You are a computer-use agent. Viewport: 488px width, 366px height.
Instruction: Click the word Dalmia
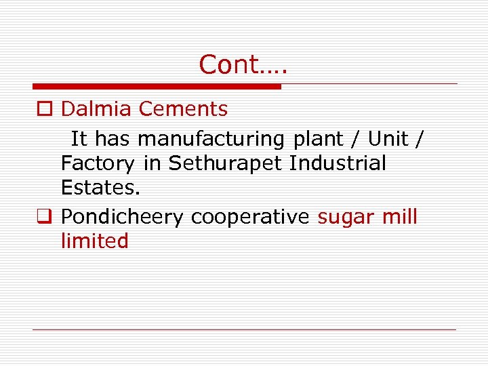coord(97,108)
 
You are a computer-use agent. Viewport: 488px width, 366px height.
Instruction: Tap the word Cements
coord(183,108)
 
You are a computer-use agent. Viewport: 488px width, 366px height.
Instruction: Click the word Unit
coord(388,139)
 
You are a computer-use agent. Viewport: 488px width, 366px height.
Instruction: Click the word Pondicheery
coord(122,218)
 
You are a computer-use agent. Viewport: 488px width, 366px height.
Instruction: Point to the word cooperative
coord(250,218)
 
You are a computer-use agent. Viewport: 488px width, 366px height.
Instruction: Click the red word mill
coord(400,217)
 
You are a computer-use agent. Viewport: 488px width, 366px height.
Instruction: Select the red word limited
coord(94,241)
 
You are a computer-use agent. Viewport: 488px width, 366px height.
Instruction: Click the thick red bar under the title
coord(157,87)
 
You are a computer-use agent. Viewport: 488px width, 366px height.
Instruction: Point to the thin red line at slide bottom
coord(244,330)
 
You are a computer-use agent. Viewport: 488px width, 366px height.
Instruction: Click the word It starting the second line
coord(79,140)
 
